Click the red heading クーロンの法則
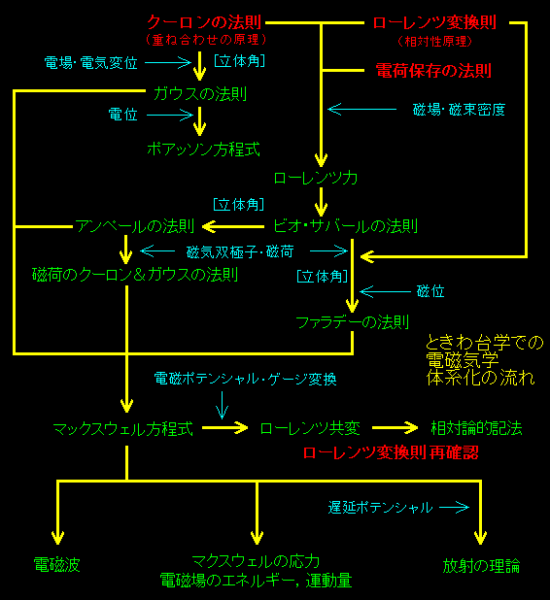pos(204,22)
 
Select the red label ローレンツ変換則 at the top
pos(434,22)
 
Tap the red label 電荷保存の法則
pos(433,71)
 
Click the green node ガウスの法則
pos(200,94)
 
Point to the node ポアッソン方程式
pos(203,150)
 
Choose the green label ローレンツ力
pos(316,178)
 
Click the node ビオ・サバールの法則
pos(345,226)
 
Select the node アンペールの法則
pos(135,226)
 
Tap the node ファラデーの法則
pos(353,322)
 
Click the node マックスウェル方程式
pos(123,428)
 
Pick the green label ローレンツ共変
pos(310,428)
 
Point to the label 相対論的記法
pos(476,428)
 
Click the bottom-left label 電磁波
pos(56,565)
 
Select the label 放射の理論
pos(481,566)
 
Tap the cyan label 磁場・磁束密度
pos(459,110)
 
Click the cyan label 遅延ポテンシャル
pos(380,508)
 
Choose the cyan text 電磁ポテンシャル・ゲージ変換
pos(245,379)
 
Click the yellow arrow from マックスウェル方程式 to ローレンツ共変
pos(225,427)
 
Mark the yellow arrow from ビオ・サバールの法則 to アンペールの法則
pos(233,226)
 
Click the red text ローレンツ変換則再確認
pos(391,452)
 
